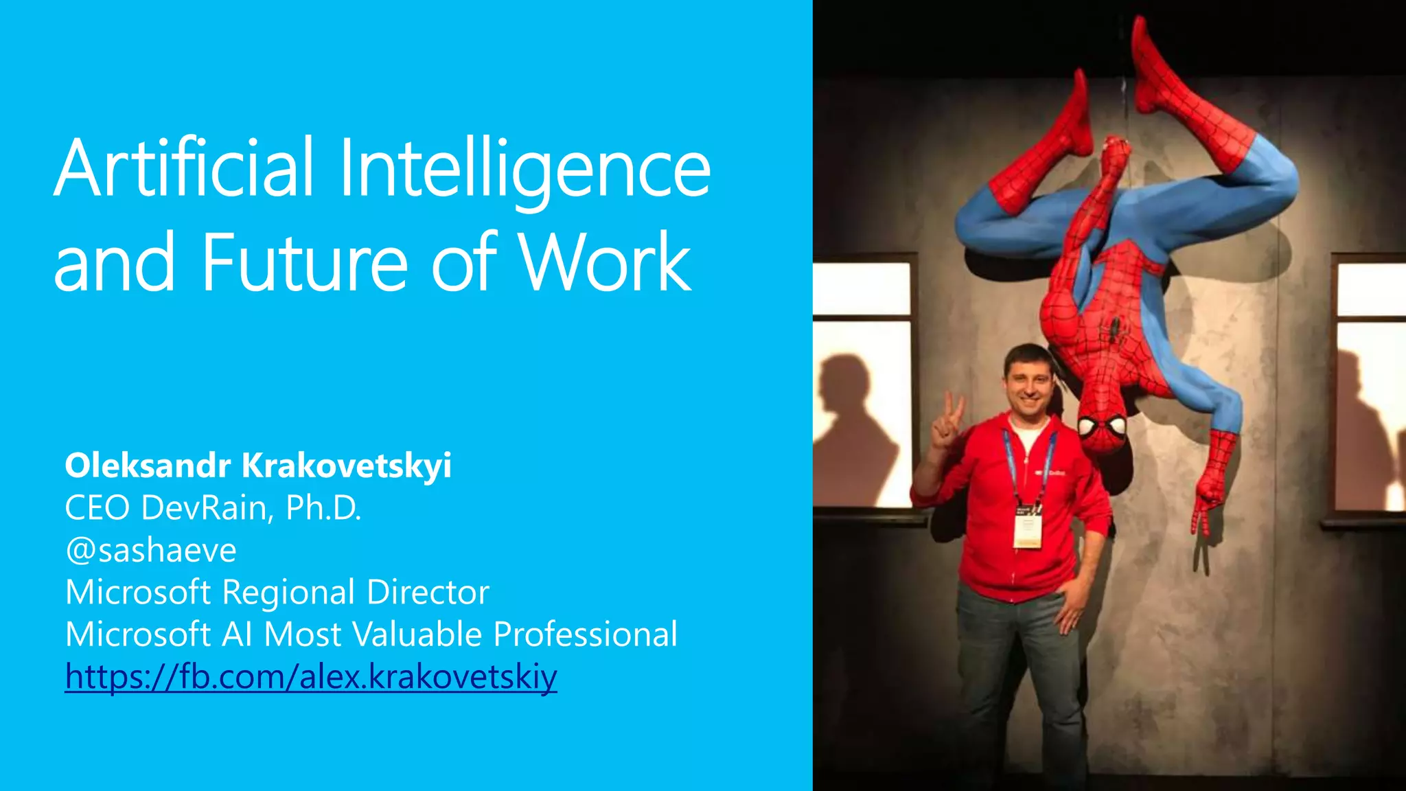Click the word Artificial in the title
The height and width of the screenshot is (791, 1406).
click(x=184, y=168)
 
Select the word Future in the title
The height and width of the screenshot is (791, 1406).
click(x=305, y=263)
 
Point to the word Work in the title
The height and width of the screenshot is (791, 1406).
click(x=604, y=263)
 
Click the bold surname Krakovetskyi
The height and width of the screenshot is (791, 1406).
click(x=347, y=466)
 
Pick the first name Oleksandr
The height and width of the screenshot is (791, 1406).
click(x=148, y=466)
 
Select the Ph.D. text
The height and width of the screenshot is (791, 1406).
click(x=323, y=508)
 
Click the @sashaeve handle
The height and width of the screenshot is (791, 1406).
click(x=151, y=551)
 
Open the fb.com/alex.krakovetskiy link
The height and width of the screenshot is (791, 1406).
click(x=311, y=677)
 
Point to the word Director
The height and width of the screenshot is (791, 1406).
click(x=428, y=593)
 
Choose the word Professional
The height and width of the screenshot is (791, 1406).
click(x=586, y=634)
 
